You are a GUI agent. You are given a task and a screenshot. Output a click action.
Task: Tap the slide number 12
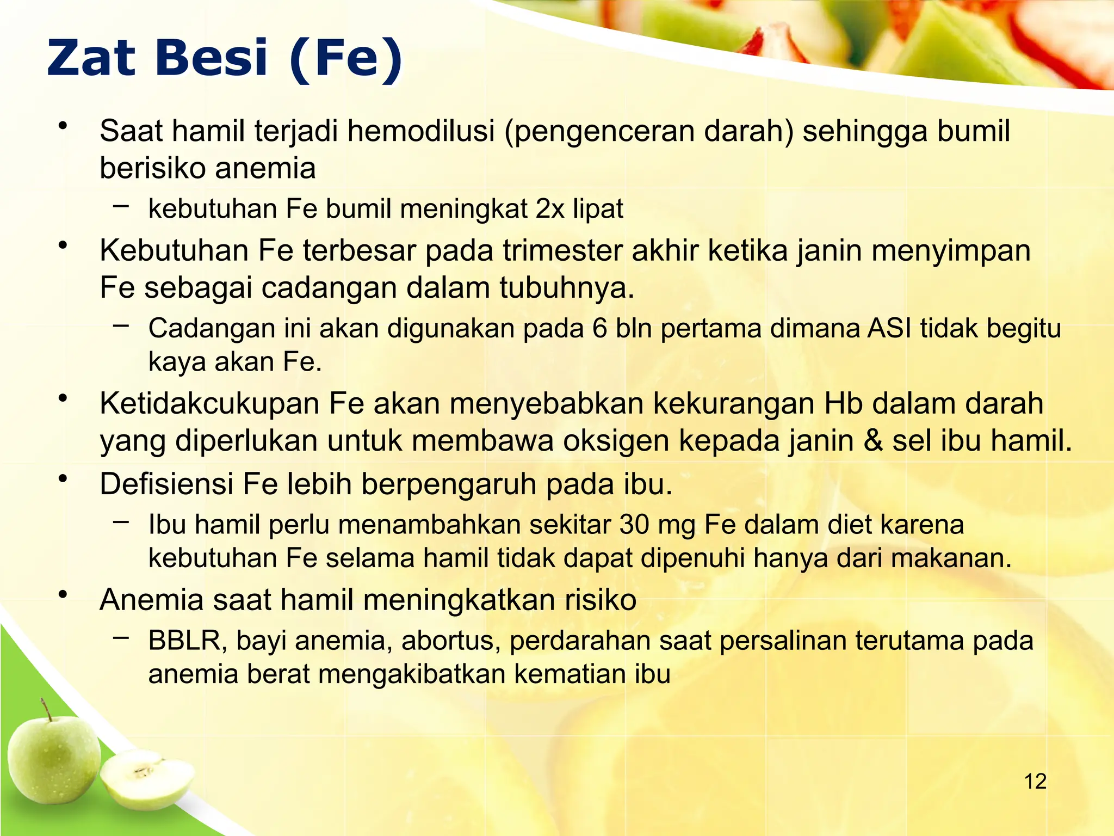click(x=1035, y=782)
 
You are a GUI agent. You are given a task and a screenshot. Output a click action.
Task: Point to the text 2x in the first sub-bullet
click(x=549, y=209)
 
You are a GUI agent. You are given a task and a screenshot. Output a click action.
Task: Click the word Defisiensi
click(x=166, y=484)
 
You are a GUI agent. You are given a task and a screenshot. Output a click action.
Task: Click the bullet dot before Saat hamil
click(x=64, y=126)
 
